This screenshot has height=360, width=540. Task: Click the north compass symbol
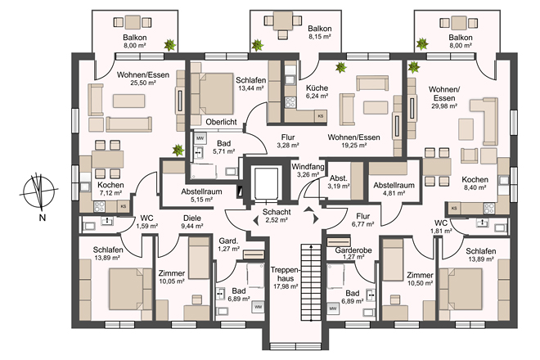pos(38,192)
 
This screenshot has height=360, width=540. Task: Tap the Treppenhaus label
pos(286,274)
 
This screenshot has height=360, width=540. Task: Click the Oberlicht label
pos(221,122)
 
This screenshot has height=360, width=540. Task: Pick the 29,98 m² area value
pos(444,106)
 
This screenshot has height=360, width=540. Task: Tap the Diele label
pos(192,218)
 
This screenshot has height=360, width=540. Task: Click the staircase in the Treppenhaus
pos(311,281)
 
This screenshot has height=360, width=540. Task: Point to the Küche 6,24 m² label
pos(317,92)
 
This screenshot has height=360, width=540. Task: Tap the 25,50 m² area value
pos(143,83)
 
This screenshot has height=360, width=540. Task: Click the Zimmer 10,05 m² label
pos(172,277)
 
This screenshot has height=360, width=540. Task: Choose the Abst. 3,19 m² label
pos(339,182)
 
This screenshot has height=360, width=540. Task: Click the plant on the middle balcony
pos(257,45)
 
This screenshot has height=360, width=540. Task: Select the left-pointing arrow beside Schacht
pos(255,220)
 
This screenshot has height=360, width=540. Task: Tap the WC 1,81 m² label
pos(442,227)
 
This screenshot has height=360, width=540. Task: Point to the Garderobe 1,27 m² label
pos(353,253)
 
